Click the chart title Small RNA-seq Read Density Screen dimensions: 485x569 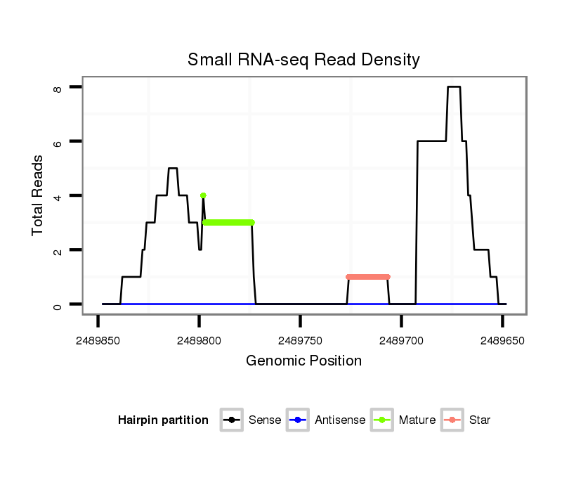pos(303,60)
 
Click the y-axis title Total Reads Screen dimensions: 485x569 pos(38,195)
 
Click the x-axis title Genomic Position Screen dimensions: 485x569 pos(303,361)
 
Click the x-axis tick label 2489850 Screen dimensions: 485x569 pos(98,341)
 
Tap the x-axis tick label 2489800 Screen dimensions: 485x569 pos(200,341)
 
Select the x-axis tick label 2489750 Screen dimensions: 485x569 pos(301,341)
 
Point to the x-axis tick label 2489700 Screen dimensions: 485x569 pos(401,341)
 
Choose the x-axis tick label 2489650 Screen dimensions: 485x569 pos(502,341)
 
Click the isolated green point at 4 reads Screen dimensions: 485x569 pos(203,195)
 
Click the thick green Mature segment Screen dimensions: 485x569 pos(228,222)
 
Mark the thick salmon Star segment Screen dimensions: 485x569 pos(367,277)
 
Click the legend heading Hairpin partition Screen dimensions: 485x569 pos(163,420)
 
